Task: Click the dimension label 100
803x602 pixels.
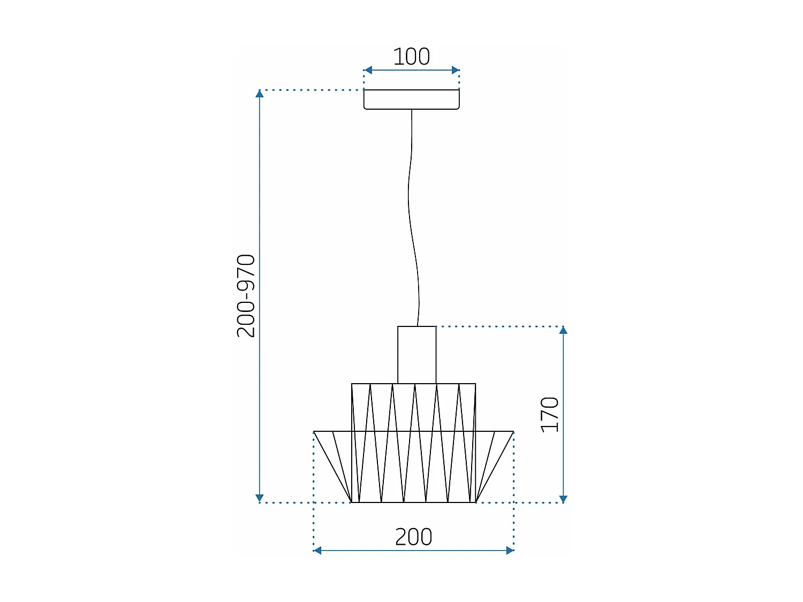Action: [x=411, y=57]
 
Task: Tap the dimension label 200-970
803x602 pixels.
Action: [x=246, y=296]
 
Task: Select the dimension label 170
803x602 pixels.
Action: [x=550, y=415]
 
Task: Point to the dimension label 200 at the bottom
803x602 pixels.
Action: [x=413, y=537]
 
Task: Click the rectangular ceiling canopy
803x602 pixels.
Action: [x=411, y=100]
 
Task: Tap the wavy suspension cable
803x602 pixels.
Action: [x=411, y=214]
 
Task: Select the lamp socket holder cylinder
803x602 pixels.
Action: [x=416, y=354]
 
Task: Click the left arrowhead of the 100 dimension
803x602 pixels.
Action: [x=368, y=70]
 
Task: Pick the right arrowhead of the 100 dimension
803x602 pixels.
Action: [x=456, y=70]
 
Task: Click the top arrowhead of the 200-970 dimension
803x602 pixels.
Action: [x=260, y=94]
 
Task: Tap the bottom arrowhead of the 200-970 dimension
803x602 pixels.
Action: [x=260, y=498]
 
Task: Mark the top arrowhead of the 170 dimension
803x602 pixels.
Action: [x=563, y=330]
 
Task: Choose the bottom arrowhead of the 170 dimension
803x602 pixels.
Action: [x=563, y=499]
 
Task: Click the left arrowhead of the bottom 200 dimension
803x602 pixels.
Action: [x=317, y=550]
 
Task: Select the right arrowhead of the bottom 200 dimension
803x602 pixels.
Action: [x=510, y=550]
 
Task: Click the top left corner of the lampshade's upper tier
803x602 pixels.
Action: [x=352, y=384]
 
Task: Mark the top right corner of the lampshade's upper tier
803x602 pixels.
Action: [x=475, y=384]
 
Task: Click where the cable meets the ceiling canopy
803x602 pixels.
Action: [x=412, y=110]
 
